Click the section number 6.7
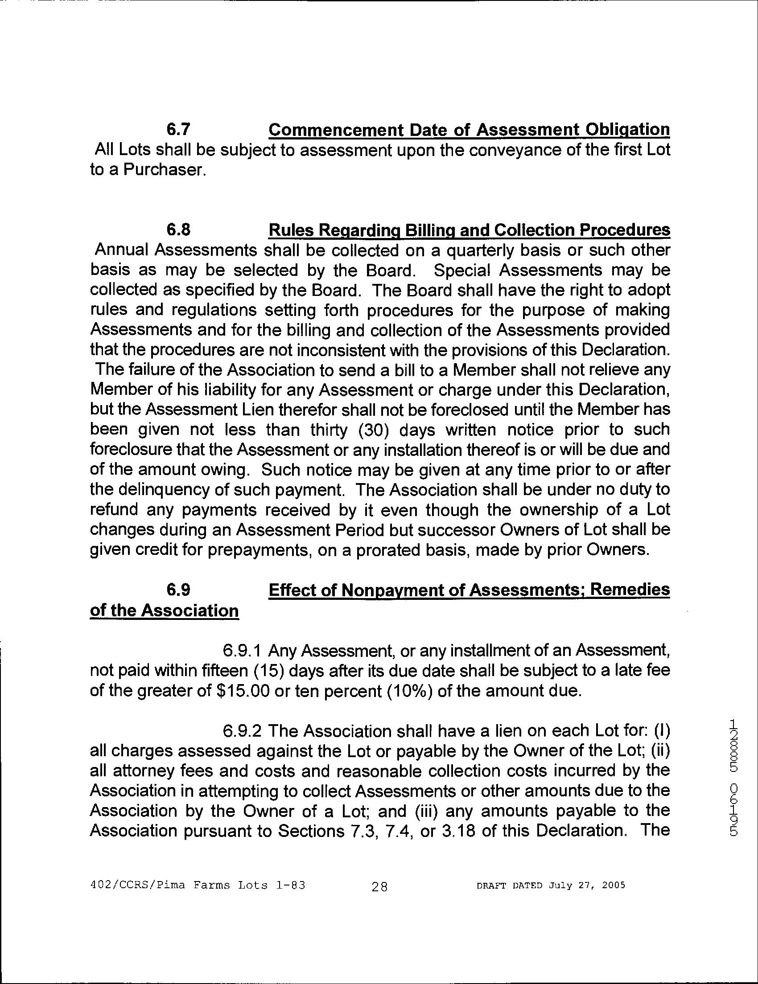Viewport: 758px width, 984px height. point(178,130)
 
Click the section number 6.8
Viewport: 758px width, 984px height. point(178,230)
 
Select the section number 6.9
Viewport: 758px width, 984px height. point(178,590)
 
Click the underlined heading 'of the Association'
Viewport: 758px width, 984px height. point(165,611)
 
